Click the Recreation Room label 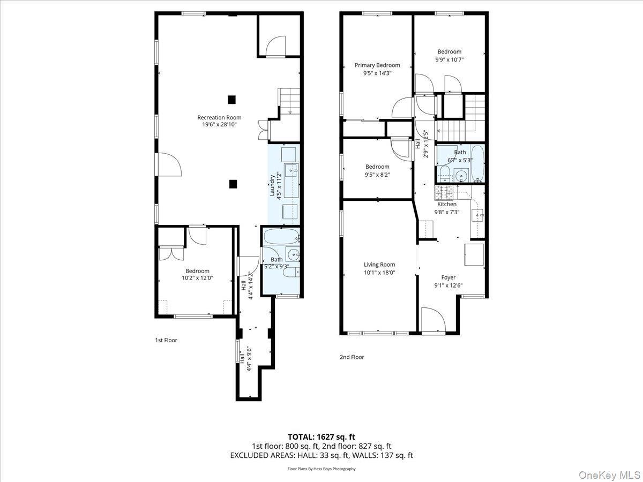coord(219,117)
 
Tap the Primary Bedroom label coord(377,65)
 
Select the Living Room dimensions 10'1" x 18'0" coord(379,273)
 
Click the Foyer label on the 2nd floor coord(448,277)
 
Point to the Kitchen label coord(447,204)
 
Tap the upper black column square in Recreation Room coord(231,99)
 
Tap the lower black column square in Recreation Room coord(233,184)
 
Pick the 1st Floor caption coord(166,340)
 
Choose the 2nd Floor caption coord(352,357)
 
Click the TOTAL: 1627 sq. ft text coord(322,436)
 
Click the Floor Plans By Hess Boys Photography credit coord(322,469)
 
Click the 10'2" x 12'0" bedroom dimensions coord(197,277)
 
